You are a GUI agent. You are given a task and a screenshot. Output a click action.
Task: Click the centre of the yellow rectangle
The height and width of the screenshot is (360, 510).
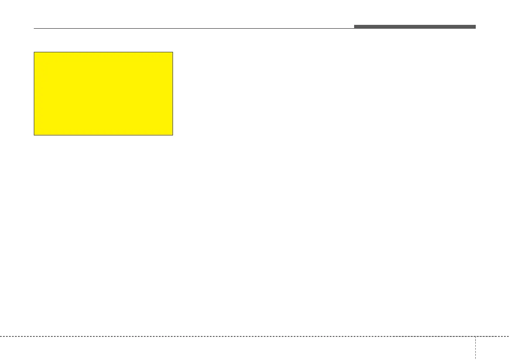point(103,94)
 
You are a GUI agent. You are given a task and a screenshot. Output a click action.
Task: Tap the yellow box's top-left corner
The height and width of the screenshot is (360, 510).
point(34,52)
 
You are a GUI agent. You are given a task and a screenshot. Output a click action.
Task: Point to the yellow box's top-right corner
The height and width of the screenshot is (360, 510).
point(173,52)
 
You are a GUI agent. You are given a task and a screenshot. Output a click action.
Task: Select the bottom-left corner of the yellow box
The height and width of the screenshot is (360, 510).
point(34,135)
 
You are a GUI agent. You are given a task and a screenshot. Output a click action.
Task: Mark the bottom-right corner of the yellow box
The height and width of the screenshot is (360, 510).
point(173,135)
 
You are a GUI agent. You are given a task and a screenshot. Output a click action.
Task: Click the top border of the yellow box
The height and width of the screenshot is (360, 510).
point(103,52)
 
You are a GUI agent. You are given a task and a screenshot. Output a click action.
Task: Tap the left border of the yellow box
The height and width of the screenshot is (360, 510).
point(34,94)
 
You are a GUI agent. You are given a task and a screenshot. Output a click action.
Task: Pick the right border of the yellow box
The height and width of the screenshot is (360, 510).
point(173,94)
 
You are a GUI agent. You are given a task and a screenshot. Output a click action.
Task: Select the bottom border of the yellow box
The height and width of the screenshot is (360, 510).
point(103,135)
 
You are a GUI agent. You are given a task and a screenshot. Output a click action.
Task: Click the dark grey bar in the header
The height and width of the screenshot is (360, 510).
point(415,27)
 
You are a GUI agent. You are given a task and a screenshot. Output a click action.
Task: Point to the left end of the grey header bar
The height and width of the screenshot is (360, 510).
point(355,27)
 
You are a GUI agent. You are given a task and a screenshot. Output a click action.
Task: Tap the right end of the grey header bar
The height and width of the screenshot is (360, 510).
point(475,27)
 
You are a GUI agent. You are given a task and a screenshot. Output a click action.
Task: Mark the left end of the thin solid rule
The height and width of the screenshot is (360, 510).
point(34,29)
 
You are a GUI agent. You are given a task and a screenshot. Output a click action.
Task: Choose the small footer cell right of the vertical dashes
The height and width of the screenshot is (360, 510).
point(492,348)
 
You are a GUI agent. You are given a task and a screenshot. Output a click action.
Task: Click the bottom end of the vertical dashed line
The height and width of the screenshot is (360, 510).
point(475,359)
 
